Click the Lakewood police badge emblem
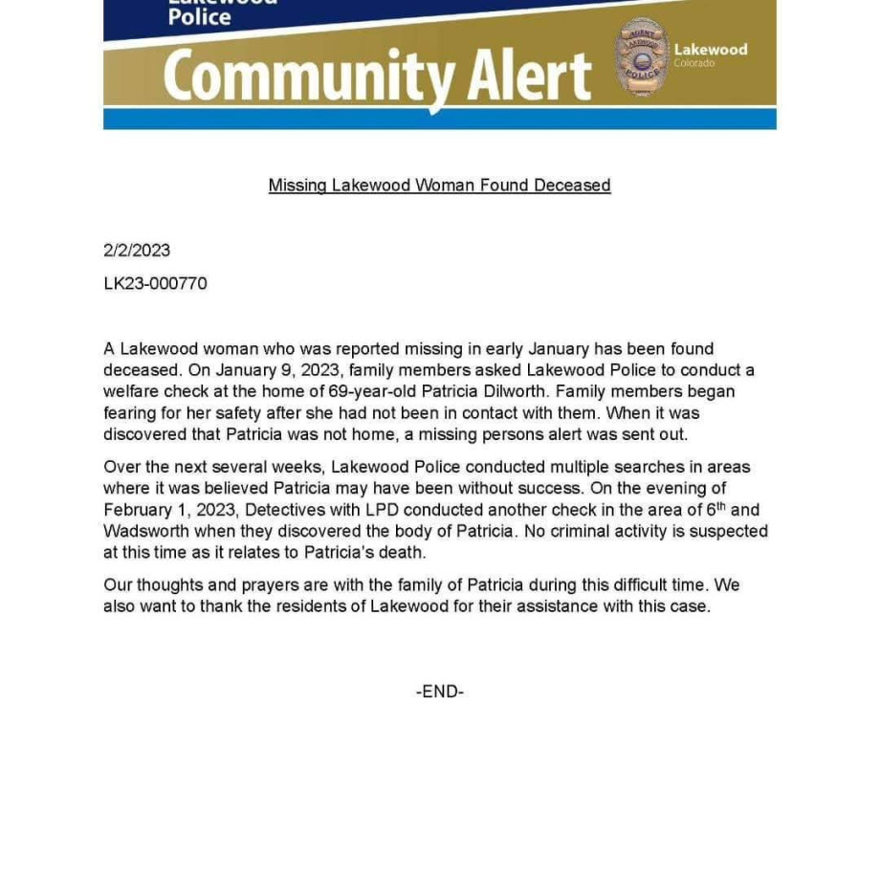pyautogui.click(x=640, y=57)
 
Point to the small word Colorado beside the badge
pyautogui.click(x=693, y=64)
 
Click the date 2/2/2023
pyautogui.click(x=137, y=251)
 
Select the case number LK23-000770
pyautogui.click(x=155, y=284)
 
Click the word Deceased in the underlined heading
pyautogui.click(x=572, y=186)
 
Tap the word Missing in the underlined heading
pyautogui.click(x=297, y=186)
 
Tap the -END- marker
pyautogui.click(x=440, y=692)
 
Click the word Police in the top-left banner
pyautogui.click(x=200, y=16)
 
